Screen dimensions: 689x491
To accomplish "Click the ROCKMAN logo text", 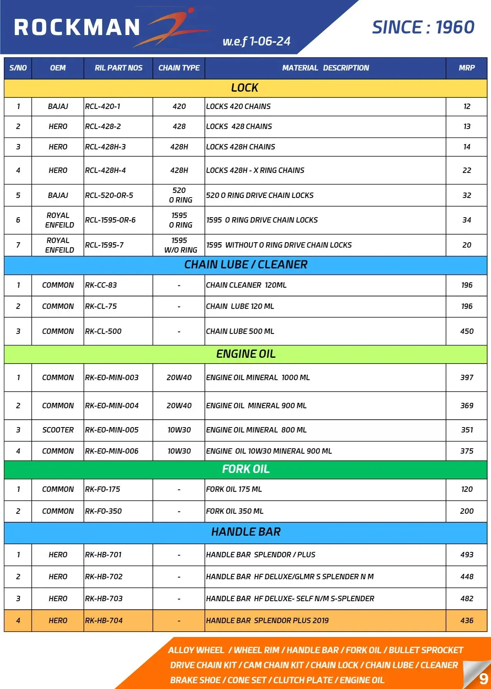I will (x=77, y=28).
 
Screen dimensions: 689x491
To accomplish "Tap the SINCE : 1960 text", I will (x=423, y=28).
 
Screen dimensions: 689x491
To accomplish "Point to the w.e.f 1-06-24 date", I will (x=256, y=41).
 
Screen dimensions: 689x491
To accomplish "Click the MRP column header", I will (x=466, y=68).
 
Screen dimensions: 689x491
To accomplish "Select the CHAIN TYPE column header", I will (x=179, y=68).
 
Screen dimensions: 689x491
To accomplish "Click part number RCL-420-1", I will (x=103, y=107).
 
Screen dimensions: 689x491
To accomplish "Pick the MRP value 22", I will (x=467, y=170).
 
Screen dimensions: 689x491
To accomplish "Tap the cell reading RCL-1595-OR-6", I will (x=111, y=220).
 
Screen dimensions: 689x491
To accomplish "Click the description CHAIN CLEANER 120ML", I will (x=246, y=285).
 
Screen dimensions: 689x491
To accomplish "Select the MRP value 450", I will (x=467, y=331).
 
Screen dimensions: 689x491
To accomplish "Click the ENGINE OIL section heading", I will (x=246, y=354).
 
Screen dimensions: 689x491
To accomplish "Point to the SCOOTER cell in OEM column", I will (x=58, y=430).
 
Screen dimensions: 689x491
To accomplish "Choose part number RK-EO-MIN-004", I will (x=112, y=406).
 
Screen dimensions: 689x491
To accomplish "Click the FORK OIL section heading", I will (x=246, y=469).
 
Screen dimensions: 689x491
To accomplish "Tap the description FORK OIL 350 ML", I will (x=235, y=511).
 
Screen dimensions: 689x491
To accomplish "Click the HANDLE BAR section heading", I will (x=246, y=532).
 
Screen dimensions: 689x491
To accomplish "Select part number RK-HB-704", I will (x=104, y=620).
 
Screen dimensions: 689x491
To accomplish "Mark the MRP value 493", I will (x=467, y=555).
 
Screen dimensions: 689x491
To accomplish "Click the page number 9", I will (x=483, y=679).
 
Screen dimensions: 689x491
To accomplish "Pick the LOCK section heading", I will (x=245, y=88).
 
